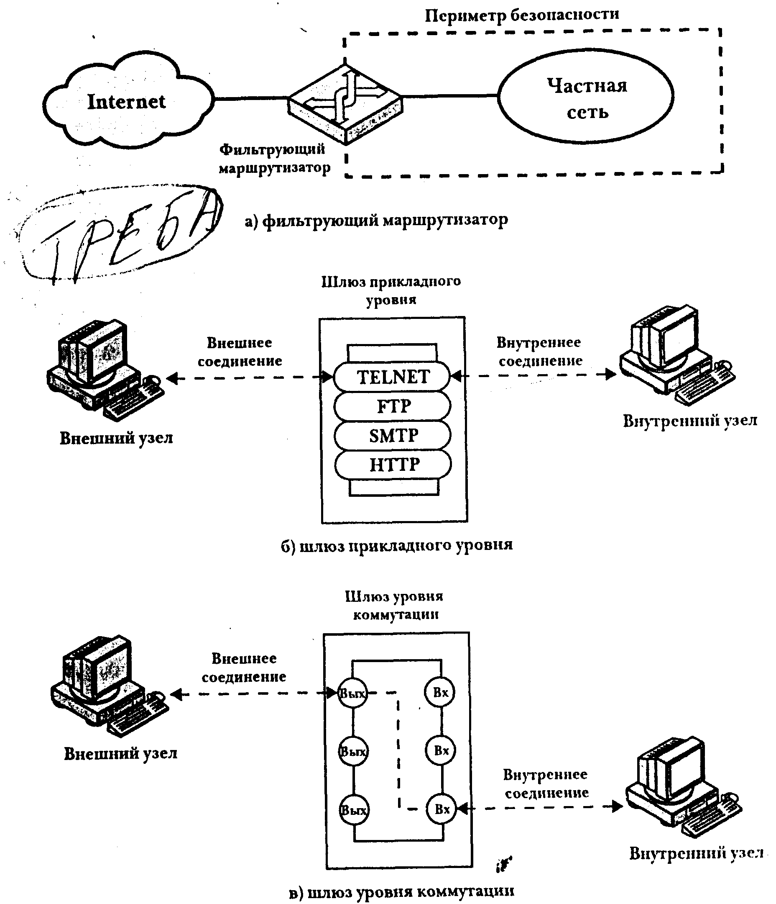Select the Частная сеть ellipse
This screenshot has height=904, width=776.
click(x=586, y=97)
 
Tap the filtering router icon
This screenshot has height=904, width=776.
click(x=346, y=105)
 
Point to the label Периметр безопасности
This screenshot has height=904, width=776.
click(x=521, y=15)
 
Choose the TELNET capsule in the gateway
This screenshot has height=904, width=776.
click(x=392, y=377)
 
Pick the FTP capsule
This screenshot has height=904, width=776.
click(x=392, y=406)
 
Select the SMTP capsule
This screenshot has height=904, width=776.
click(x=393, y=435)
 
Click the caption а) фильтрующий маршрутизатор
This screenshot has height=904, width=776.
click(x=376, y=220)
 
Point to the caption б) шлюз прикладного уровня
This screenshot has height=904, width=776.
click(x=396, y=545)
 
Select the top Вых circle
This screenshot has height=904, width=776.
click(x=352, y=693)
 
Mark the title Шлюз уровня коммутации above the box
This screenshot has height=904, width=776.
click(x=394, y=606)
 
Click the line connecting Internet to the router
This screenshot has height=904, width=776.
click(x=251, y=99)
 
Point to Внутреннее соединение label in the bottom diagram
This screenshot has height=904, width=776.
click(x=546, y=784)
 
